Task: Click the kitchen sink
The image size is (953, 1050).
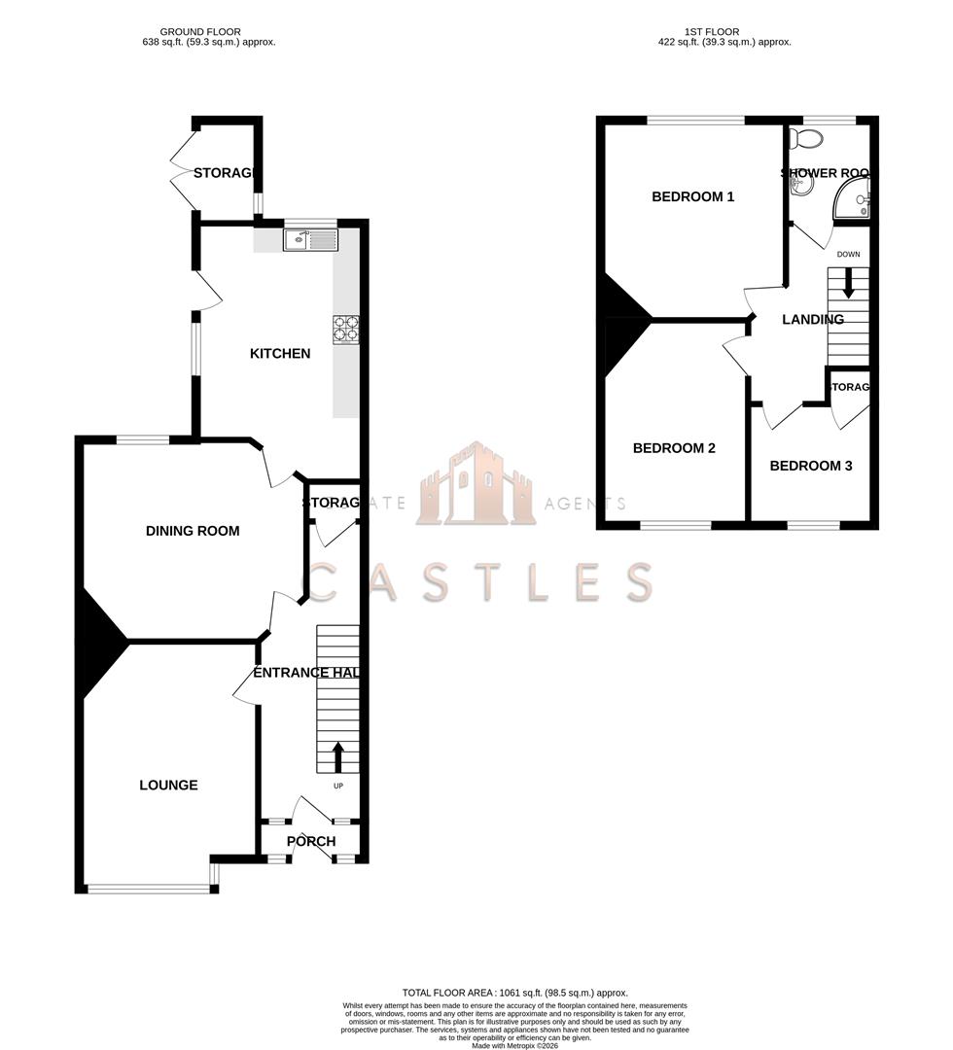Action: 309,238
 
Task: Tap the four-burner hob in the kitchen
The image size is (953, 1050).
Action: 345,330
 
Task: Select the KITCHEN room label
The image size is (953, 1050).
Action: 280,354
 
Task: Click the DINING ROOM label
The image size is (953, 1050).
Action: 193,531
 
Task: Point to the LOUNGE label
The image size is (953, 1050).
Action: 168,785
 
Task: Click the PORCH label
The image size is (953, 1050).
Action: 311,841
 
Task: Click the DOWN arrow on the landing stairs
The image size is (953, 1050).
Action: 849,284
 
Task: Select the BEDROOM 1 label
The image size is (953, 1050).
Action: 692,196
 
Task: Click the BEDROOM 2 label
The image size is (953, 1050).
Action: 674,448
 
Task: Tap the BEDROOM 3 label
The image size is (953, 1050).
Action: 811,466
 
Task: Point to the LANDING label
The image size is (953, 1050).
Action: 813,319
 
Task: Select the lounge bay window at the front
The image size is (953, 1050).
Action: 149,888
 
